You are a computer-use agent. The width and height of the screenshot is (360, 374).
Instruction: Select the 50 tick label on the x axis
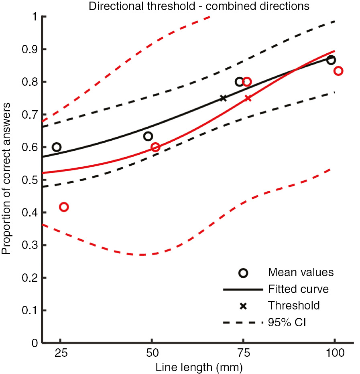(x=152, y=353)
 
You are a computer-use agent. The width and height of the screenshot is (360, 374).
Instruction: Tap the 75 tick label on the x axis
(x=243, y=353)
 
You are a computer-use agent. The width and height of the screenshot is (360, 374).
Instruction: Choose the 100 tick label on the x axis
(x=334, y=353)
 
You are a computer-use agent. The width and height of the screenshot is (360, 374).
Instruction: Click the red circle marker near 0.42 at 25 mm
(x=63, y=207)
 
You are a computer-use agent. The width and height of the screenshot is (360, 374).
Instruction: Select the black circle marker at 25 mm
(x=57, y=147)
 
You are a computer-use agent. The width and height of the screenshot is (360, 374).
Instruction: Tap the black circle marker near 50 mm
(x=148, y=136)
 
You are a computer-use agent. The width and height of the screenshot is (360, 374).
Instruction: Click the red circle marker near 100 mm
(x=338, y=71)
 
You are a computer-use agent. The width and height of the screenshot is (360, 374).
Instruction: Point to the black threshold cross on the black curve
(x=223, y=98)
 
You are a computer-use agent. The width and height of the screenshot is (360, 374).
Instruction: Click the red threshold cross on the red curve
(x=248, y=98)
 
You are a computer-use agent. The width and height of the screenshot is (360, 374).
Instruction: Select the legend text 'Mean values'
(x=301, y=273)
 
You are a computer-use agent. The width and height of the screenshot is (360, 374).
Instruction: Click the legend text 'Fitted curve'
(x=301, y=289)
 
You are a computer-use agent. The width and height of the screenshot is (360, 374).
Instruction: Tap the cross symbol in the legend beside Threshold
(x=243, y=306)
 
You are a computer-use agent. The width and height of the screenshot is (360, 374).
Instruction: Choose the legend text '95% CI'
(x=287, y=322)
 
